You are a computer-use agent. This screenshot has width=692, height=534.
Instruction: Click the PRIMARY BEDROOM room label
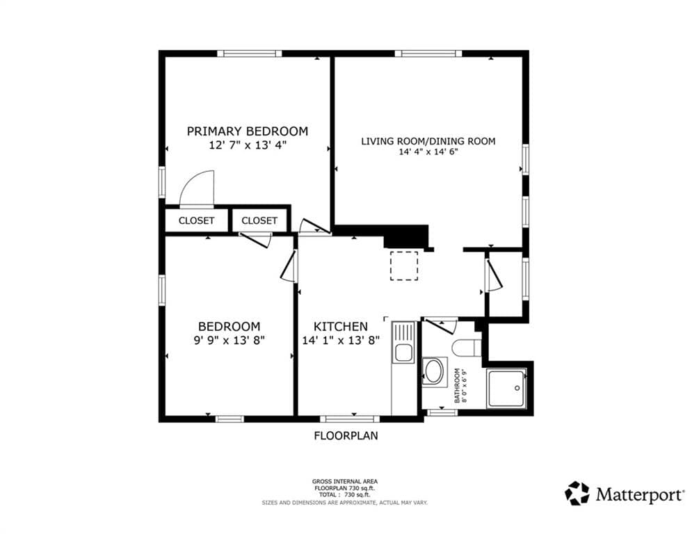pos(247,131)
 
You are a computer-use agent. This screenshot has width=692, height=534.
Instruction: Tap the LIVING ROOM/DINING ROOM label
pos(428,141)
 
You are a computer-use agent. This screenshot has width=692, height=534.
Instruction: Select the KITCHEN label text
pos(340,327)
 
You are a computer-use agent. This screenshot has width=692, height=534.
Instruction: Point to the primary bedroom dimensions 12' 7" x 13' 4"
pos(248,145)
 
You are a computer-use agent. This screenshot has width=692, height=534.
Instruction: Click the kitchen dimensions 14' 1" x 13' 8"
pos(341,341)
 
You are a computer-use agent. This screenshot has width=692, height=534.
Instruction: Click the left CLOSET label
pos(196,220)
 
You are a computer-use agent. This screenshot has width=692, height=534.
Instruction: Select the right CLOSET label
pos(259,220)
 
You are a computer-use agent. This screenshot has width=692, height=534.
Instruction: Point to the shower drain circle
pos(517,389)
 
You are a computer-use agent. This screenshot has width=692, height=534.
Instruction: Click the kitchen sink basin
pos(403,353)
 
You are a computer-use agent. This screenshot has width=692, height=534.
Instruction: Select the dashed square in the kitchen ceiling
pos(404,266)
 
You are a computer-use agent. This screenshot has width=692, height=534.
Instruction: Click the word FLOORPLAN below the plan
pos(346,435)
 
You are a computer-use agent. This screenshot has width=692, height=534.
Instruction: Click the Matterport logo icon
pos(577,494)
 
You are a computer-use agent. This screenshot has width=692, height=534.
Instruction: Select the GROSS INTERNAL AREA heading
pos(345,481)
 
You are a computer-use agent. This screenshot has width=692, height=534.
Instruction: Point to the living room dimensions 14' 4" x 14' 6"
pos(428,152)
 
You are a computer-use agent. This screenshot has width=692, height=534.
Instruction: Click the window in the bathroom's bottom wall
pos(442,412)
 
